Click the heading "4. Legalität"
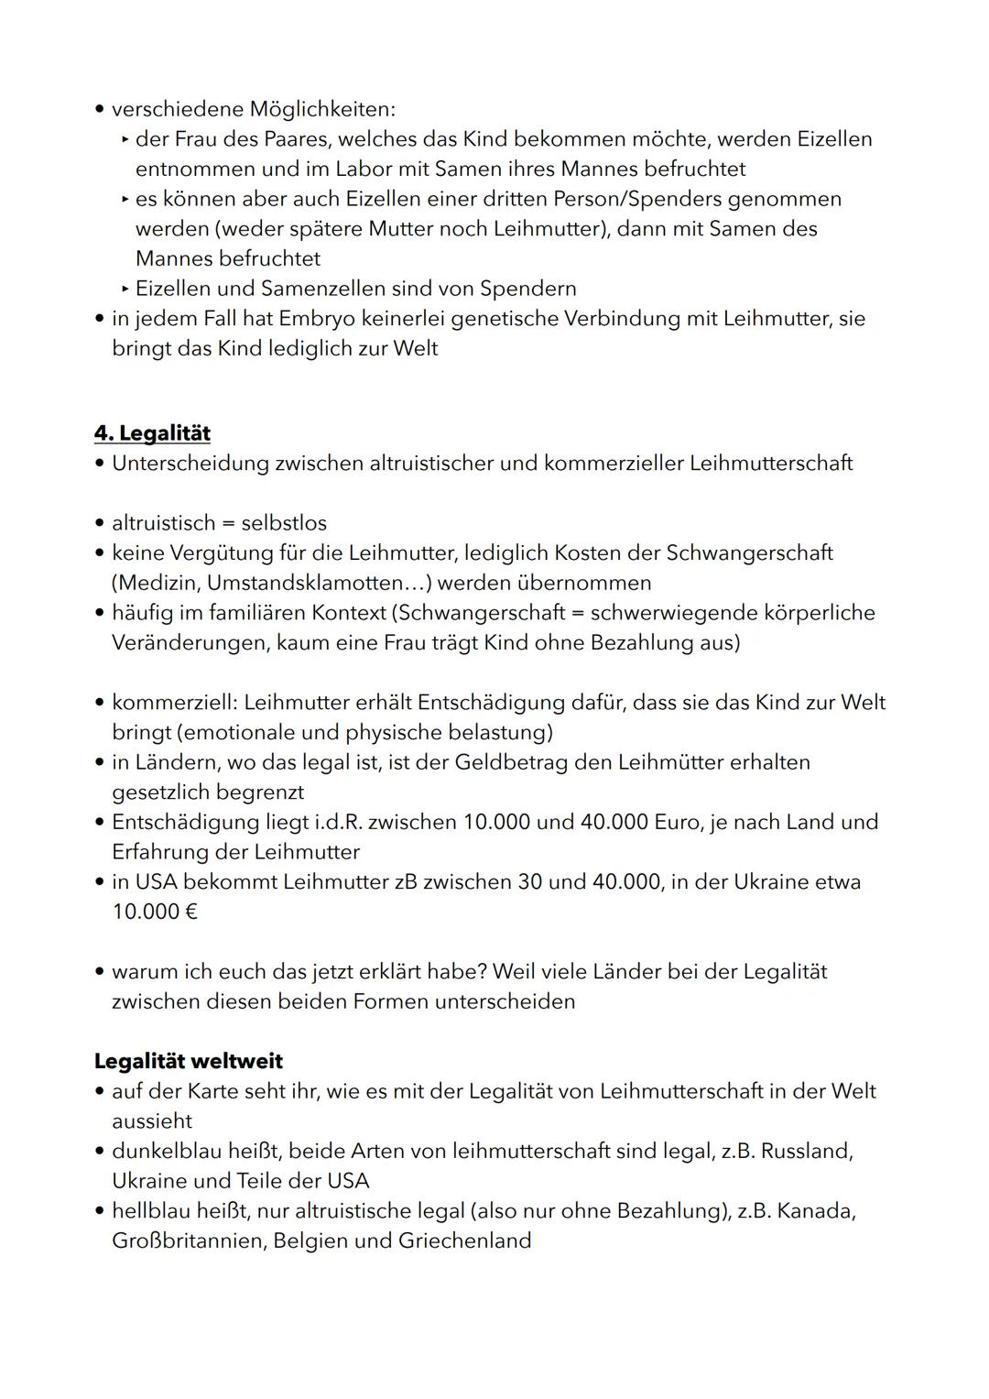[x=152, y=432]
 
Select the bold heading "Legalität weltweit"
[x=188, y=1061]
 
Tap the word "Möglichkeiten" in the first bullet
[x=321, y=109]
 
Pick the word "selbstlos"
[x=284, y=522]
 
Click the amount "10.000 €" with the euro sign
[x=155, y=912]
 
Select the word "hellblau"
[x=151, y=1210]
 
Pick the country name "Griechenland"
[x=464, y=1241]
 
